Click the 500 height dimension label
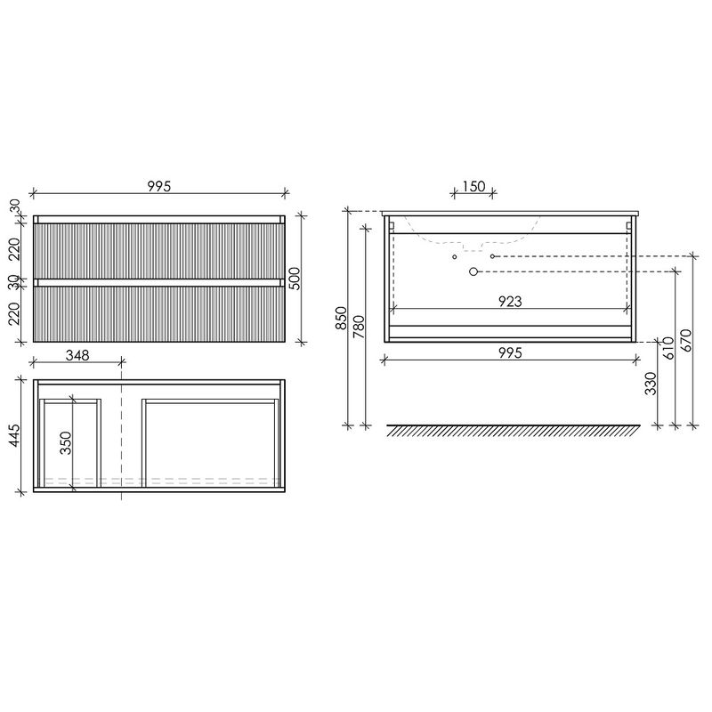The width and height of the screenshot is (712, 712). [x=295, y=279]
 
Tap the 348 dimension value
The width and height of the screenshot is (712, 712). [x=77, y=354]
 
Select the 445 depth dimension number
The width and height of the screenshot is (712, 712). [x=14, y=436]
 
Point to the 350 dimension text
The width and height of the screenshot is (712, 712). [x=66, y=442]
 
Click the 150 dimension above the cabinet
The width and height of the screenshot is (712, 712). [x=473, y=186]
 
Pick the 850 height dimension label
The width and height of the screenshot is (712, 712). [x=341, y=319]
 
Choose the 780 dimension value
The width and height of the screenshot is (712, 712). [x=359, y=327]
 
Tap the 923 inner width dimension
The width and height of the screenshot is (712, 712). [x=510, y=301]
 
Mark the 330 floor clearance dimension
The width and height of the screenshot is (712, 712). [x=651, y=384]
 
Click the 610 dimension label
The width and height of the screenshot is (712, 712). [x=668, y=348]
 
